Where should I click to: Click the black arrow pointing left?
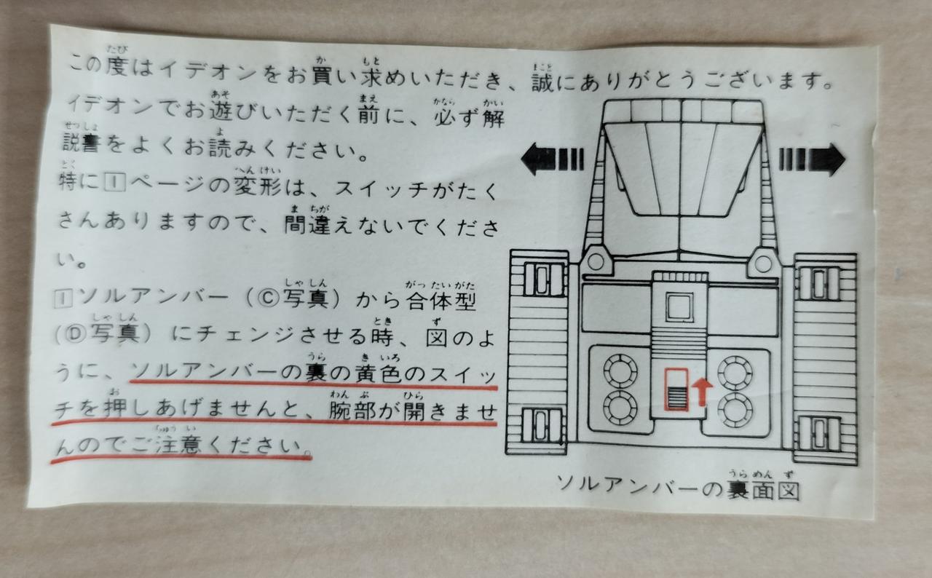point(553,159)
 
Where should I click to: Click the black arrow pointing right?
point(812,159)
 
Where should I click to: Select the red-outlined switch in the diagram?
point(676,389)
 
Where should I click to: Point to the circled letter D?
point(75,333)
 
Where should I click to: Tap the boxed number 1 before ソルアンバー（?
point(63,298)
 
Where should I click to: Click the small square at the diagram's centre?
point(679,307)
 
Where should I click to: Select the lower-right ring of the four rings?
point(735,409)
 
